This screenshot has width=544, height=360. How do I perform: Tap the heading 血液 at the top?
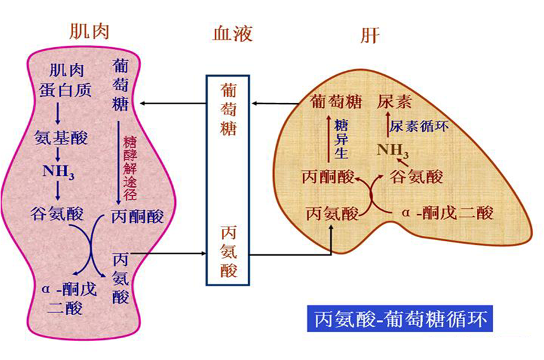coord(232,34)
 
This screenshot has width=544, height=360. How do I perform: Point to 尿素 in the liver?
coord(394,102)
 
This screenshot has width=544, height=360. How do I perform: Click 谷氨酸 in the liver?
coord(417,177)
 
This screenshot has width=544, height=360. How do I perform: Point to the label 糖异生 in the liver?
coord(341,138)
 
